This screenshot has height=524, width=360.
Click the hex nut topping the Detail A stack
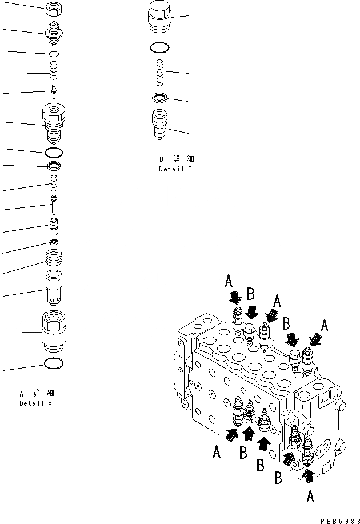(x=54, y=9)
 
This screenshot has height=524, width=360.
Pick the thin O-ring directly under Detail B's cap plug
(x=160, y=47)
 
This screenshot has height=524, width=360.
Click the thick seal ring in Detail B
(x=160, y=98)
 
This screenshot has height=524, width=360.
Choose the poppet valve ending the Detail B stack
(x=160, y=125)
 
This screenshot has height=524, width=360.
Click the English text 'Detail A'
(x=35, y=403)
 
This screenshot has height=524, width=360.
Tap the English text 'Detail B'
(x=175, y=170)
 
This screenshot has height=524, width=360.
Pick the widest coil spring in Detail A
(x=54, y=264)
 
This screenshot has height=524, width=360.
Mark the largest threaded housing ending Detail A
(x=54, y=333)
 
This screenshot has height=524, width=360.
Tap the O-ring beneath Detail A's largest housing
(x=54, y=363)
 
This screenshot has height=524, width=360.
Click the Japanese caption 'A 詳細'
(x=37, y=393)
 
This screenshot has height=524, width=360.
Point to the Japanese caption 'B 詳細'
(x=176, y=159)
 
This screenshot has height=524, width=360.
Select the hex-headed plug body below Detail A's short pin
(x=54, y=122)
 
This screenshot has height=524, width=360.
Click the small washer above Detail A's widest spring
(x=54, y=243)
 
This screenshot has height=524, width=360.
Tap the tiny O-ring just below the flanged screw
(x=54, y=53)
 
